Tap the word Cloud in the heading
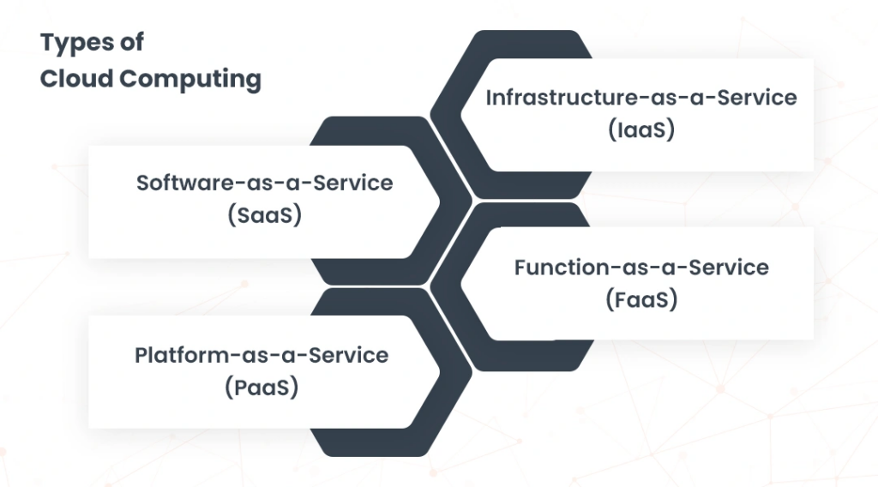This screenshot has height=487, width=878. click(76, 78)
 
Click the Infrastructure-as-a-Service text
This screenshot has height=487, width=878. click(641, 98)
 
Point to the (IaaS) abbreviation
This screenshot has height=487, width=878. click(641, 129)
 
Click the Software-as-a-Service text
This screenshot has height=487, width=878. click(265, 183)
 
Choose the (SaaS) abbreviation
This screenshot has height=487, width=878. click(265, 215)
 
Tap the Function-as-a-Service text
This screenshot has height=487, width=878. click(641, 268)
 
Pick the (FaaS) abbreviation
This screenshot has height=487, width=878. click(641, 299)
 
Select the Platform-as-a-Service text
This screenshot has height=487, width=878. click(262, 356)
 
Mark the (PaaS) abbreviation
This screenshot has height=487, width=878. click(262, 388)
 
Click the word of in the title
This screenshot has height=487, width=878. click(132, 43)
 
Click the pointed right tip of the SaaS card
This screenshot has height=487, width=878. click(440, 202)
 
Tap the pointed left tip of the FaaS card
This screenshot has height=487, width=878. click(460, 283)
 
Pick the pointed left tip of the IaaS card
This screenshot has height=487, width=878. click(460, 115)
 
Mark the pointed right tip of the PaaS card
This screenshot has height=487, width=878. click(440, 372)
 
